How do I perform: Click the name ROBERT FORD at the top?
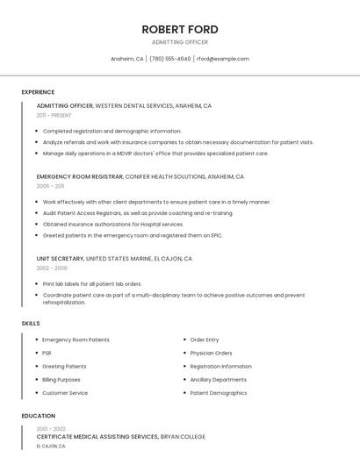click(179, 29)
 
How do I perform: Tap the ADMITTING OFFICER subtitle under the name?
click(179, 42)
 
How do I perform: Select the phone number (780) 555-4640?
click(170, 59)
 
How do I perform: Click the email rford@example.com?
click(223, 59)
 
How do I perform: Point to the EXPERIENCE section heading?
click(38, 92)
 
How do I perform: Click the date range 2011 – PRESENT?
click(54, 115)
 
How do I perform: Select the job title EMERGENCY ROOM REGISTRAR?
click(80, 176)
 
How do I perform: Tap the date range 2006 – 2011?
click(50, 186)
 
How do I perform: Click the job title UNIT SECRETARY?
click(60, 259)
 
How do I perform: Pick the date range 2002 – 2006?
click(52, 268)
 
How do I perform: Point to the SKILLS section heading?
click(30, 324)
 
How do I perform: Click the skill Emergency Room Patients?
click(76, 340)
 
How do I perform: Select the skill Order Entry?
click(205, 340)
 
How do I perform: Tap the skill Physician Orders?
click(211, 353)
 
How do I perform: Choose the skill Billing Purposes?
click(61, 380)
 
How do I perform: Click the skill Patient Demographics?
click(219, 393)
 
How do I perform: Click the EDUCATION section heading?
click(38, 416)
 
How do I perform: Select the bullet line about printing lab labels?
click(92, 284)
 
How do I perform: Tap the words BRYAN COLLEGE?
click(184, 436)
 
